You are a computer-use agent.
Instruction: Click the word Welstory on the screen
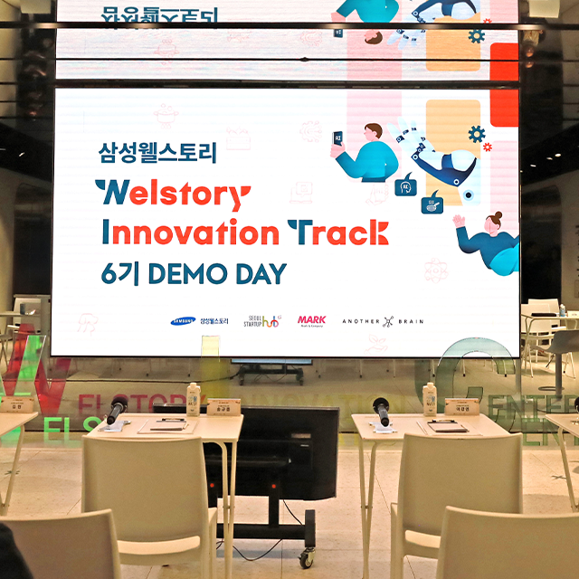[172, 195]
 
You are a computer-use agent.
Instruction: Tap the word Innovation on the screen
[190, 233]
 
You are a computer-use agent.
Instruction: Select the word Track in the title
[337, 233]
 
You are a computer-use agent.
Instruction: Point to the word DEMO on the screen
[186, 273]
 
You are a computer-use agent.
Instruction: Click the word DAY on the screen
[257, 273]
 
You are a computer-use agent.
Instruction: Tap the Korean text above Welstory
[157, 153]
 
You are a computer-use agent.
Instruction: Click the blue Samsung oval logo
[182, 321]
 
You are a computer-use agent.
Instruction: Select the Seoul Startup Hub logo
[261, 321]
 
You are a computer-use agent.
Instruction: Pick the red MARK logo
[311, 320]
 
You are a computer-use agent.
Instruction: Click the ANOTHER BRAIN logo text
[381, 321]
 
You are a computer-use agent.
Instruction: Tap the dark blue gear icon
[477, 135]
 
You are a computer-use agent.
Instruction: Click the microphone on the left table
[117, 409]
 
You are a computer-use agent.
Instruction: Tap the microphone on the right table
[383, 413]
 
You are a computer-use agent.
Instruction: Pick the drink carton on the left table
[193, 399]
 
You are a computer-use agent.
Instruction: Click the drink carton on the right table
[430, 400]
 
